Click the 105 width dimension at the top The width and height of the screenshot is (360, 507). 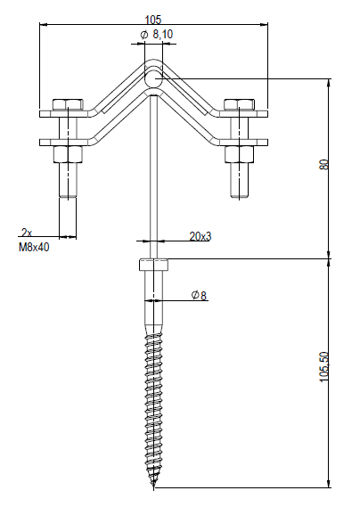152,20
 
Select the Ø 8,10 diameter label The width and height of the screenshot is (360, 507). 157,34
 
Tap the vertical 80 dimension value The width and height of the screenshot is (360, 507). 323,164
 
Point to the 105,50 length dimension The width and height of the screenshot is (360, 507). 323,367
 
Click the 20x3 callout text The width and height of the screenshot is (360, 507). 200,236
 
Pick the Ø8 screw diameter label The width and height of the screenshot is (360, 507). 199,295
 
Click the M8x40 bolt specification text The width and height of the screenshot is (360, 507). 34,248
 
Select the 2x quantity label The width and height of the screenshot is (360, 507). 27,233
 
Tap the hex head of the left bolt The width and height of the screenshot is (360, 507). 68,104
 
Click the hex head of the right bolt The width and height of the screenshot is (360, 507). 240,104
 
